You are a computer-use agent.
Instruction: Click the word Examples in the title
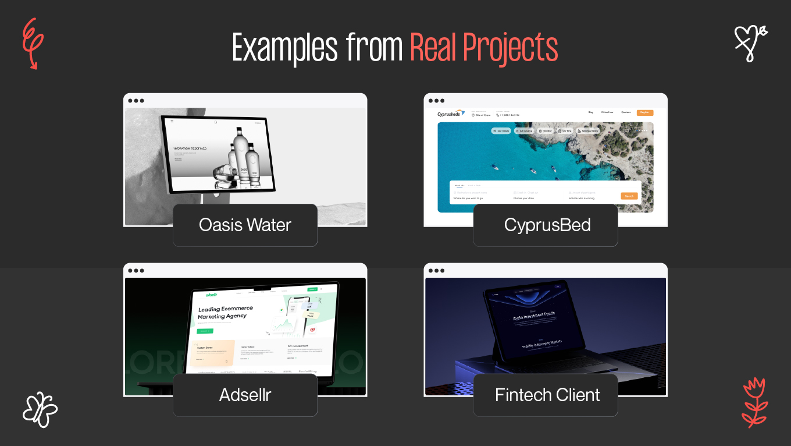click(284, 48)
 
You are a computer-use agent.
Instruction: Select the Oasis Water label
click(245, 225)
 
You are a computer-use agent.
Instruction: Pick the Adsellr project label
click(245, 395)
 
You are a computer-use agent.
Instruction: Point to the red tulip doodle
click(755, 402)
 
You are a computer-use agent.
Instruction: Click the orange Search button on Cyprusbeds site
click(629, 196)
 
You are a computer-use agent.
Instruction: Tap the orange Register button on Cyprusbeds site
click(644, 112)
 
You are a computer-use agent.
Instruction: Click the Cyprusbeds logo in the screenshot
click(451, 114)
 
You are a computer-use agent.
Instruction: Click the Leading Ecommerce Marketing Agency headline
click(226, 312)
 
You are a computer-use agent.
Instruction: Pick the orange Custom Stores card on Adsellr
click(212, 353)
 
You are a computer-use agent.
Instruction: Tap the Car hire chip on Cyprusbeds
click(565, 131)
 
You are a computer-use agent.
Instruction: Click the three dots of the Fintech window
click(436, 271)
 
